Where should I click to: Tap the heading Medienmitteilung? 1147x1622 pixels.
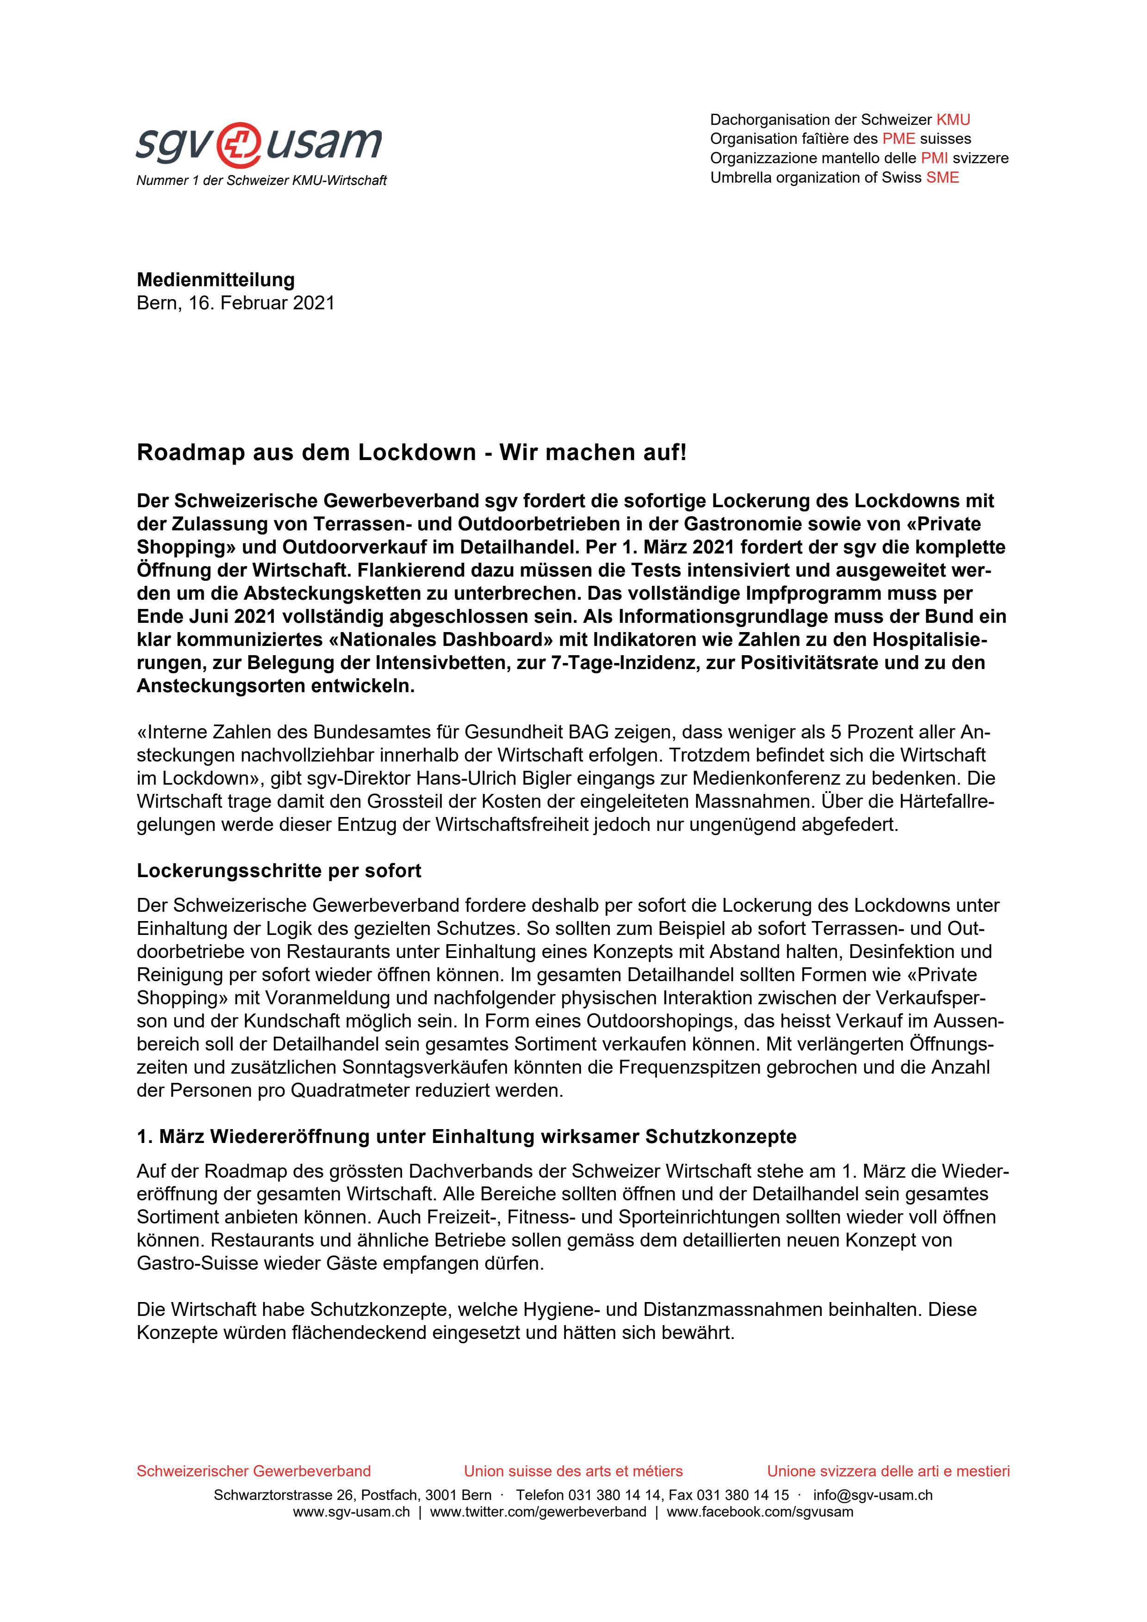click(216, 280)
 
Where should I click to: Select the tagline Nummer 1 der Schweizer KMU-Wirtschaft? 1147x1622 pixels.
click(261, 181)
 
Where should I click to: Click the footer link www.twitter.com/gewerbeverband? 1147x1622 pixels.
click(538, 1512)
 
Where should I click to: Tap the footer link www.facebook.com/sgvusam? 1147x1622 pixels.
click(760, 1512)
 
